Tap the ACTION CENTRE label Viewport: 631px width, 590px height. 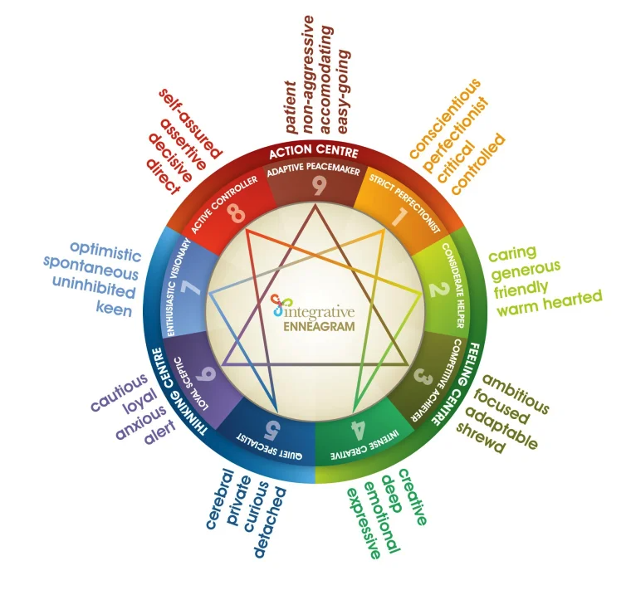313,153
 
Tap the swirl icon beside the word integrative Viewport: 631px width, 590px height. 279,305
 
